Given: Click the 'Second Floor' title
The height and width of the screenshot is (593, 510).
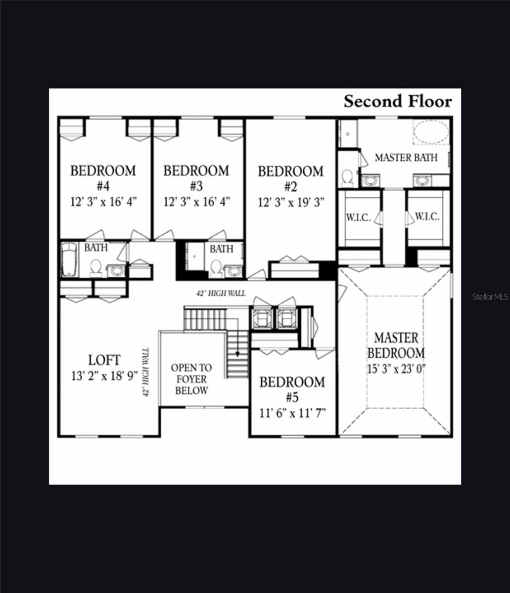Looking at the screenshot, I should (398, 101).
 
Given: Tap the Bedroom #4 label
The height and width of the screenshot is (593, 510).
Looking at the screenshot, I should (103, 178).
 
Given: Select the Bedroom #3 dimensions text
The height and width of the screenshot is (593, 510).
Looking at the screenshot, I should (196, 202).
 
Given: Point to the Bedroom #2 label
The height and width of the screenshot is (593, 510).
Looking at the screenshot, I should (291, 179).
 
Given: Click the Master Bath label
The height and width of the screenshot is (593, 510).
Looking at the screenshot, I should (406, 158).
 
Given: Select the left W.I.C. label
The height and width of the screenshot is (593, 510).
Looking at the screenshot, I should (358, 217).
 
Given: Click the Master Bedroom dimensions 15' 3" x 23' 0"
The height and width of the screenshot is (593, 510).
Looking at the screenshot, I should (396, 368).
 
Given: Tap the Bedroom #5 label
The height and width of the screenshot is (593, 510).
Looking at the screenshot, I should (292, 389).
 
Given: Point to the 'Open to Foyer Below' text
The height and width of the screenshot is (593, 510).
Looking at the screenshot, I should (191, 379).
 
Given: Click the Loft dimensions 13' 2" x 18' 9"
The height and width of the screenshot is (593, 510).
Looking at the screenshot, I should (104, 376).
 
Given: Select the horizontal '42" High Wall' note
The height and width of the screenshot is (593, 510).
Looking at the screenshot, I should (221, 294).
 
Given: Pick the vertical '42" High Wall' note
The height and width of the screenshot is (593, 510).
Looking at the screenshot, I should (146, 372).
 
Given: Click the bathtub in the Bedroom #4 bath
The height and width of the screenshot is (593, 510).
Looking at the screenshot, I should (69, 259).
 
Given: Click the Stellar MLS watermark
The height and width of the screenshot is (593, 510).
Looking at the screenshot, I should (490, 297).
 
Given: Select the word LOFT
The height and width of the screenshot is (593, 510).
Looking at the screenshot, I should (104, 360).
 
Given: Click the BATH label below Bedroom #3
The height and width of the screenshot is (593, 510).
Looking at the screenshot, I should (221, 249).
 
